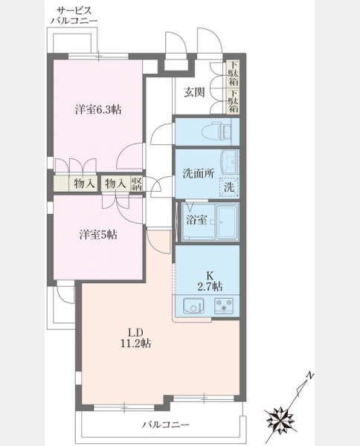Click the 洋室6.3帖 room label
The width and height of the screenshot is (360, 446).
(x=98, y=109)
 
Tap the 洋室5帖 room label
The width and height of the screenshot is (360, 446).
(x=98, y=235)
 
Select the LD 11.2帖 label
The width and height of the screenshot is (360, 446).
(x=135, y=338)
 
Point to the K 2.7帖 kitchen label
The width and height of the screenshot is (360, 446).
(x=210, y=281)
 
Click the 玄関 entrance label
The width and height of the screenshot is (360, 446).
(x=194, y=92)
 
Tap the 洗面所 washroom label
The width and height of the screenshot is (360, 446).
(x=199, y=173)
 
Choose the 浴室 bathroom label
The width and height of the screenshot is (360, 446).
(x=196, y=220)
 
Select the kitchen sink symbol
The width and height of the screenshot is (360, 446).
(x=193, y=306)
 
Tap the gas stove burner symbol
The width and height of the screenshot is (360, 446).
(x=224, y=305)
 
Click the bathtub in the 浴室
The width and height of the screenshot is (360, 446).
(x=227, y=222)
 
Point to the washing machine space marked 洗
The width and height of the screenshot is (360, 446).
(x=229, y=187)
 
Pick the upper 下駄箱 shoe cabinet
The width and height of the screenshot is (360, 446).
(x=233, y=74)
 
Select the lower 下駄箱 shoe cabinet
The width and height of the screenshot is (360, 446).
(x=233, y=101)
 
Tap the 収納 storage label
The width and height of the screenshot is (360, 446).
(x=137, y=184)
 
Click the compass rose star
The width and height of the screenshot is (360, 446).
(x=280, y=419)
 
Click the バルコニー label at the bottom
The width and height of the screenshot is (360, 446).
(x=165, y=425)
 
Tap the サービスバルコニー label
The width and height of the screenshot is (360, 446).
(x=74, y=16)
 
